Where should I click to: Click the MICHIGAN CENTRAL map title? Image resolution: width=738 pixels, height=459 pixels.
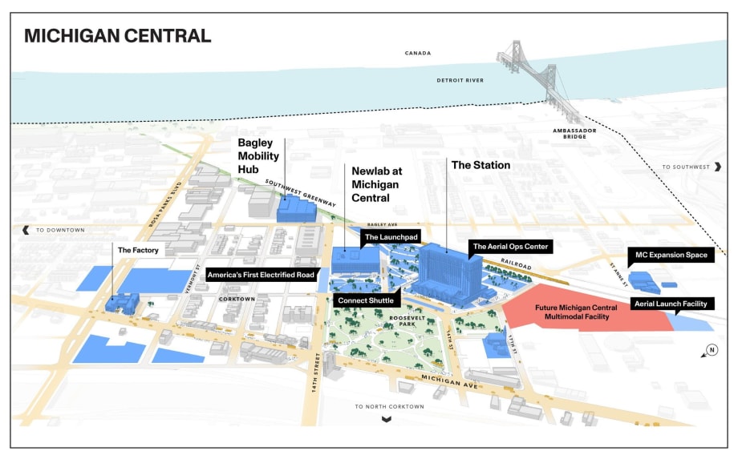117,36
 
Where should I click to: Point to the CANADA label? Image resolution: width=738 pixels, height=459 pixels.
417,54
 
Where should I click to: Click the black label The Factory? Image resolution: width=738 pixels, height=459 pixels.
137,251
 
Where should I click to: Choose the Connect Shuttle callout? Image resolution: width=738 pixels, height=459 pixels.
365,300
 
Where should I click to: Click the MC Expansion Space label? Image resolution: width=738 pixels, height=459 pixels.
671,255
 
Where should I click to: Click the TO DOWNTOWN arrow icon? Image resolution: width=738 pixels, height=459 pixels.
26,230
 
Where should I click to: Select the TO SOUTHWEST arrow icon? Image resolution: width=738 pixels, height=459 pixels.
718,167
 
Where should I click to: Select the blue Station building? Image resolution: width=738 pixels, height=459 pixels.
448,272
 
